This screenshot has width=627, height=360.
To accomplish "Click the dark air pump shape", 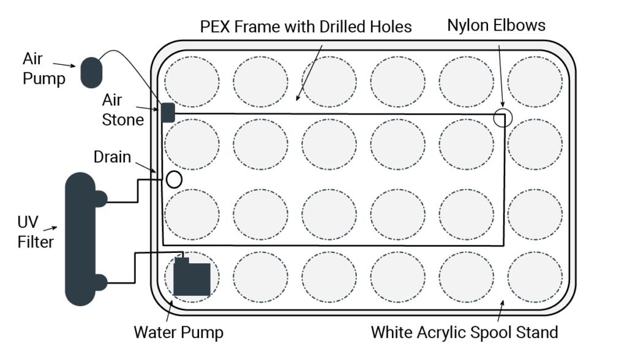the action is pos(91,72).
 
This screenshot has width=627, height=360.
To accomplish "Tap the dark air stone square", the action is pos(168,113).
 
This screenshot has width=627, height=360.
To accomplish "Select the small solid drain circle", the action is pos(174,179).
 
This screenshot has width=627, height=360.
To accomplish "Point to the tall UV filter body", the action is pos(80,239).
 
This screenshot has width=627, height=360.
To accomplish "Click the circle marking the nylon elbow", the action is pos(503,118).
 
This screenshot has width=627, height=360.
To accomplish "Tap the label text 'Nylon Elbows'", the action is pos(496,25).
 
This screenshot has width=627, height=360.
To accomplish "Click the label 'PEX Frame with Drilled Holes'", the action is pos(306,27).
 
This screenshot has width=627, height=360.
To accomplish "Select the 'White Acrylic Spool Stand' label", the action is pos(464,332).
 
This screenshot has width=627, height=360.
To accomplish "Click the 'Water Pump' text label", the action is pos(178,332).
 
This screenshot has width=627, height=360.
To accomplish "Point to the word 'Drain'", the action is pos(112,157).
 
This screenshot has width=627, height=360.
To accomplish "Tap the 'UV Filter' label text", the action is pos(35,232).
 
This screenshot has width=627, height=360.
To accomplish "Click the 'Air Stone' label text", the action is pos(122,110).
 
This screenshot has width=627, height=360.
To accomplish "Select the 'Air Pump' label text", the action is pos(43,69).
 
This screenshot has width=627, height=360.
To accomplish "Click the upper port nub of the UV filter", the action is pos(101,199).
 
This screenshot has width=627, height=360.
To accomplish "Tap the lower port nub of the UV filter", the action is pos(101,282).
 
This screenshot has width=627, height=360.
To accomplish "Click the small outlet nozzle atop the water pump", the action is pos(182,260).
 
